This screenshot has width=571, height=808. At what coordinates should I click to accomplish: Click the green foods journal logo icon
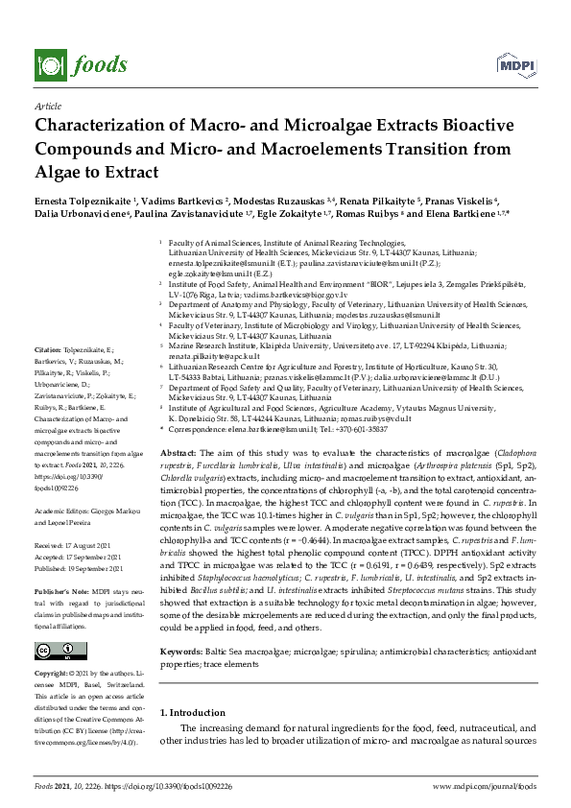point(47,64)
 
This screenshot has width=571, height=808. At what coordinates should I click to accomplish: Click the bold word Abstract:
point(177,451)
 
